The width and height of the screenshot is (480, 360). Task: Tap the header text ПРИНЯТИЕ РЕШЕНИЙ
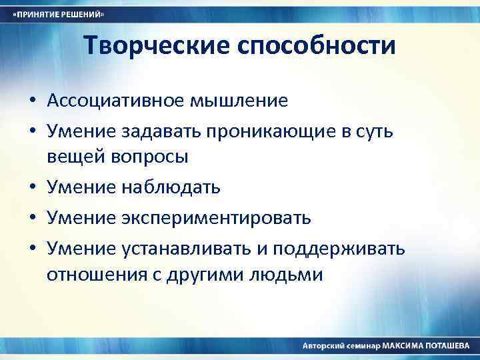61,14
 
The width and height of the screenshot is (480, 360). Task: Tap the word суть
375,132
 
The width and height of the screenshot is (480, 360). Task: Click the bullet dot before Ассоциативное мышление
32,101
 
